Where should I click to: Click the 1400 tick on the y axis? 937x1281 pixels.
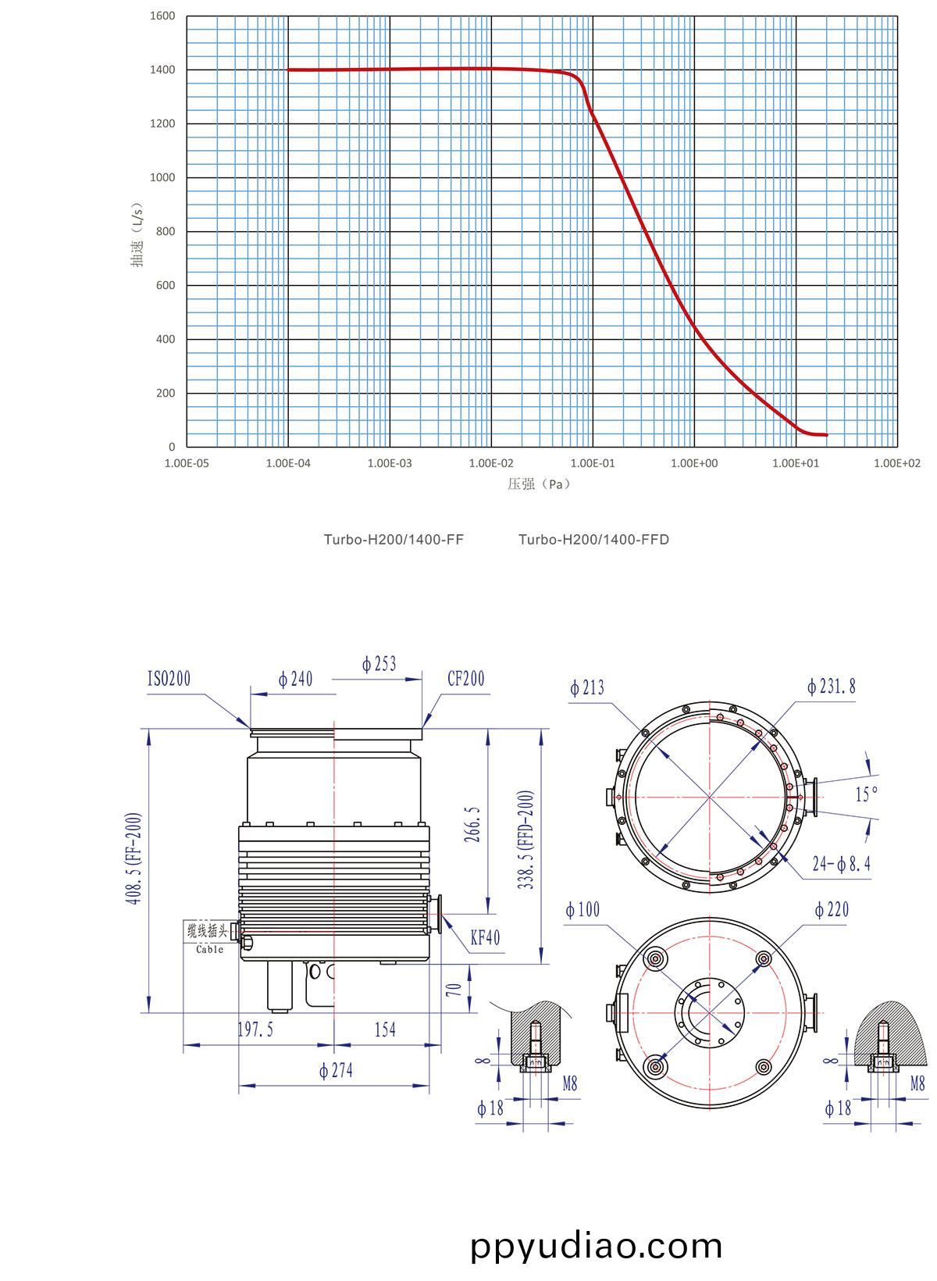click(x=162, y=70)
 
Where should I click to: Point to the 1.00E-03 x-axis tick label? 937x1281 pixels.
click(x=390, y=463)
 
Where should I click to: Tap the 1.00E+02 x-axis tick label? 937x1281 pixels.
click(x=897, y=463)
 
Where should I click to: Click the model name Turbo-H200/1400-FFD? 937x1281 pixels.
click(x=593, y=540)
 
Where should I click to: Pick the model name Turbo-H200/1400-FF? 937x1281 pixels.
click(x=394, y=540)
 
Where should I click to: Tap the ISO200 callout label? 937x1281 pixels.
click(x=169, y=678)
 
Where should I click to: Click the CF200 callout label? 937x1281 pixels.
click(x=465, y=678)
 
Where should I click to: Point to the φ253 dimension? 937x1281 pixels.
click(x=379, y=665)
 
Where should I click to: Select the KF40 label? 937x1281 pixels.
click(x=485, y=937)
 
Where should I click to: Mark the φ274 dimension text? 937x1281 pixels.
click(x=336, y=1070)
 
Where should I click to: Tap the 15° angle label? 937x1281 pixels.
click(x=867, y=794)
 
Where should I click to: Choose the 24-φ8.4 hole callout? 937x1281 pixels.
click(x=842, y=864)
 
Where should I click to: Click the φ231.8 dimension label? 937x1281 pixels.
click(x=832, y=687)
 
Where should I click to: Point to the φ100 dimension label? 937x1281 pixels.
click(x=583, y=910)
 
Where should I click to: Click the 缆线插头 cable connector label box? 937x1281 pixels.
click(x=207, y=930)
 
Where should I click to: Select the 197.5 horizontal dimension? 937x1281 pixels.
click(x=255, y=1030)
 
